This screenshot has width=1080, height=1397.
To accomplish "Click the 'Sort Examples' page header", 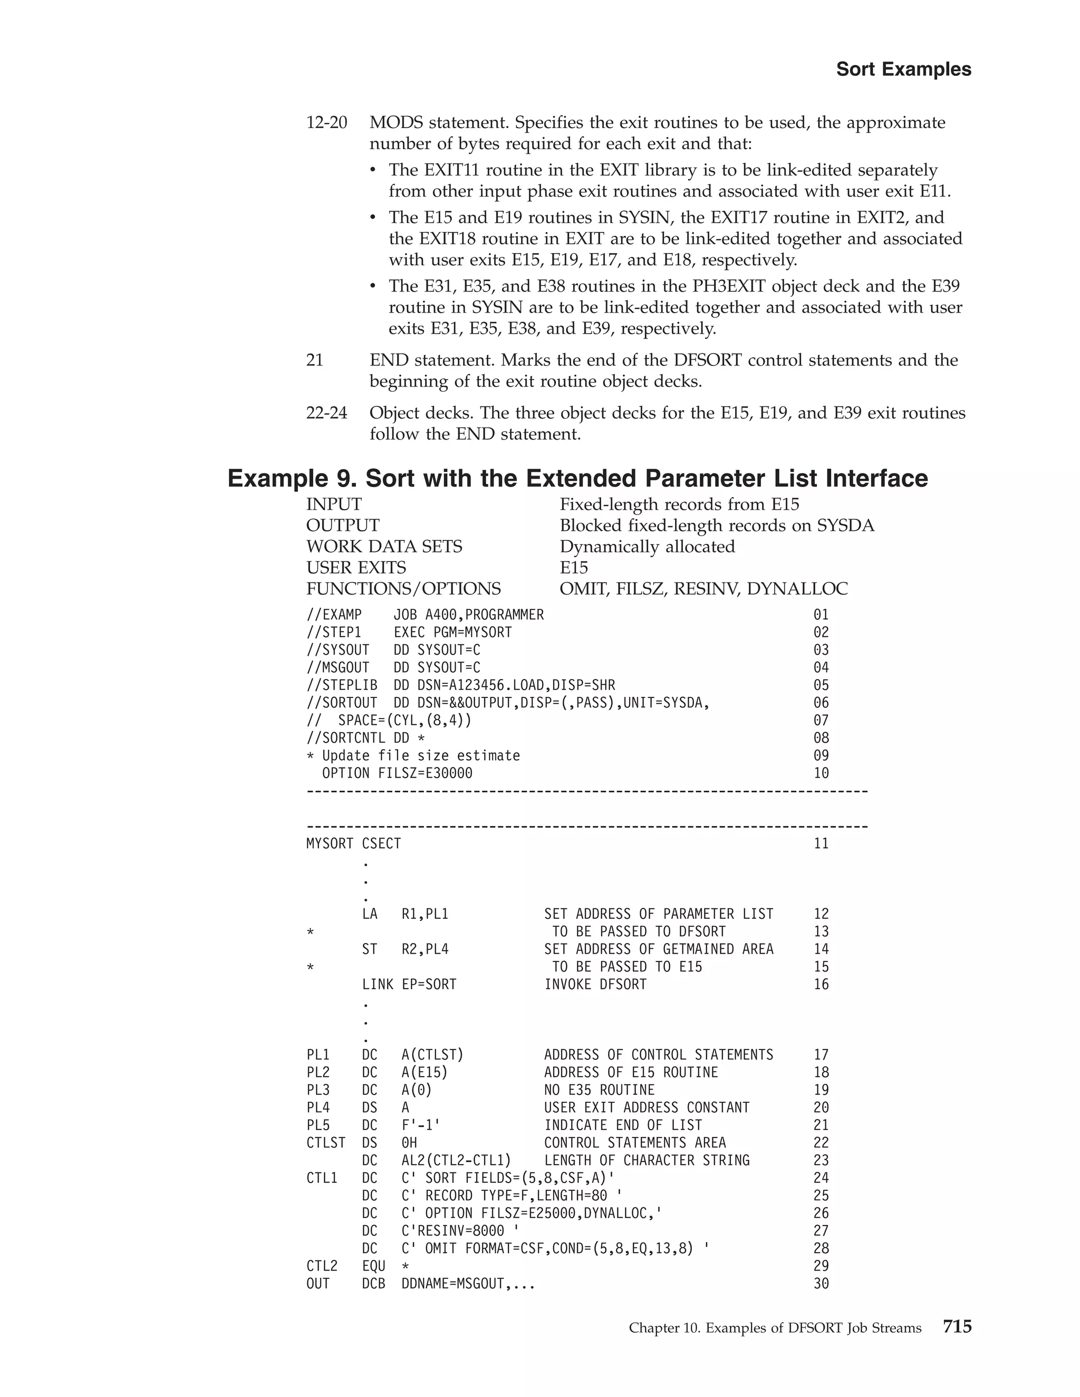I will coord(903,69).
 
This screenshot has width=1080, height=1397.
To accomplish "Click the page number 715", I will coord(957,1327).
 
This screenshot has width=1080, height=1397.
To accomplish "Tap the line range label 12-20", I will coord(326,122).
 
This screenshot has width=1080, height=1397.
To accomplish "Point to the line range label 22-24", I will coord(326,413).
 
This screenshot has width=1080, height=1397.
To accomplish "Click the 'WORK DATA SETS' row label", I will coord(384,546).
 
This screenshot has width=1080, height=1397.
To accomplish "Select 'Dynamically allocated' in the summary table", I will coord(647,546).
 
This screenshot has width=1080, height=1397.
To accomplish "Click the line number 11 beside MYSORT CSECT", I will coord(821,843).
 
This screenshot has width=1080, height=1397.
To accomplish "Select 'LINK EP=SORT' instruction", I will coord(409,984).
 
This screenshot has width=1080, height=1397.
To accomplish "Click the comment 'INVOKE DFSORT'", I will coord(595,984).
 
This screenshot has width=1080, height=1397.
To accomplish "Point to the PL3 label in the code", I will coord(317,1090).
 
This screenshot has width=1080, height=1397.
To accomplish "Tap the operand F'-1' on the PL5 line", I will coord(420,1125).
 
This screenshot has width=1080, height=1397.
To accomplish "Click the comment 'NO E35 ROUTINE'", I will coord(599,1090).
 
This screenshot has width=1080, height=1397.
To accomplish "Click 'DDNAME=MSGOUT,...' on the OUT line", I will coord(468,1284).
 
